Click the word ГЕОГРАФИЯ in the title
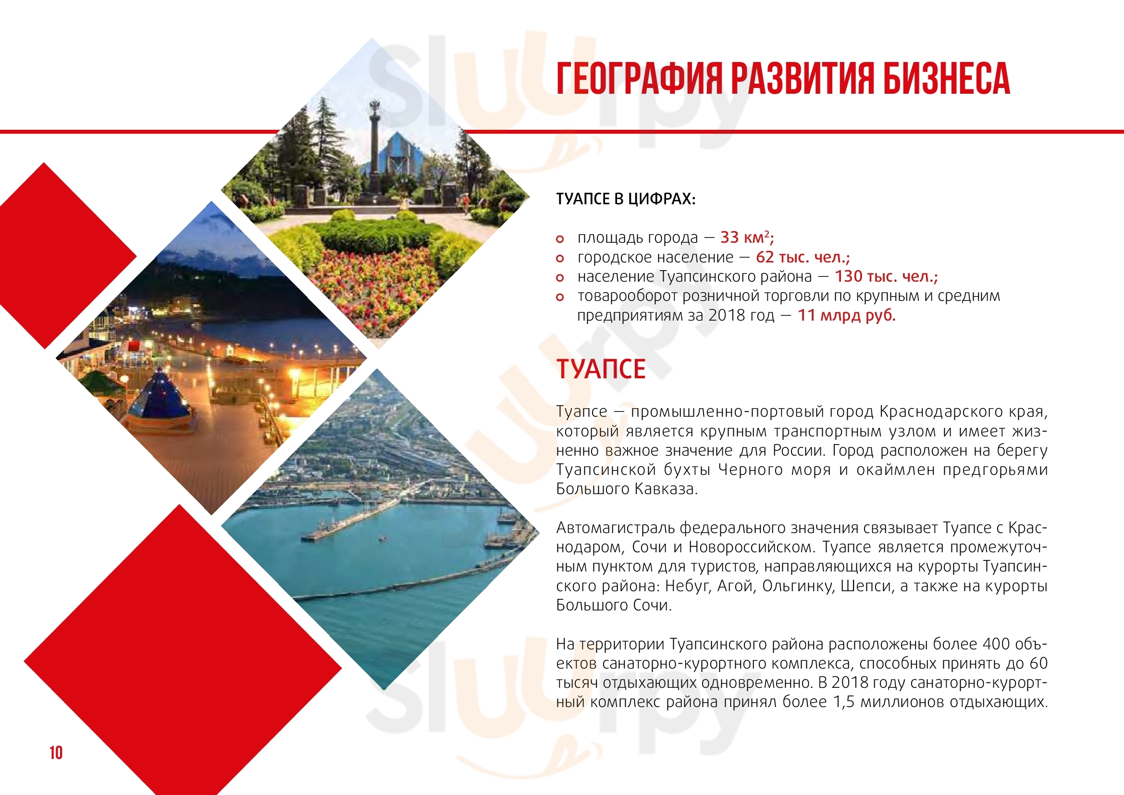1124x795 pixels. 639,78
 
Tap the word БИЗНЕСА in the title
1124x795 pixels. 946,78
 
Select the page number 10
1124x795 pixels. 56,752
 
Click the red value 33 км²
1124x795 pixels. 747,237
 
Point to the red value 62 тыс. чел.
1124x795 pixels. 803,257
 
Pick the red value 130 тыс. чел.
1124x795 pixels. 886,276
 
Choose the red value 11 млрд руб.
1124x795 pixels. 846,315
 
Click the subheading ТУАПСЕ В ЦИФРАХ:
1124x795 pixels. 626,199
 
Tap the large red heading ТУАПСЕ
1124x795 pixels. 601,369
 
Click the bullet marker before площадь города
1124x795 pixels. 560,239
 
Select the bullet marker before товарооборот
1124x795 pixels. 560,297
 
